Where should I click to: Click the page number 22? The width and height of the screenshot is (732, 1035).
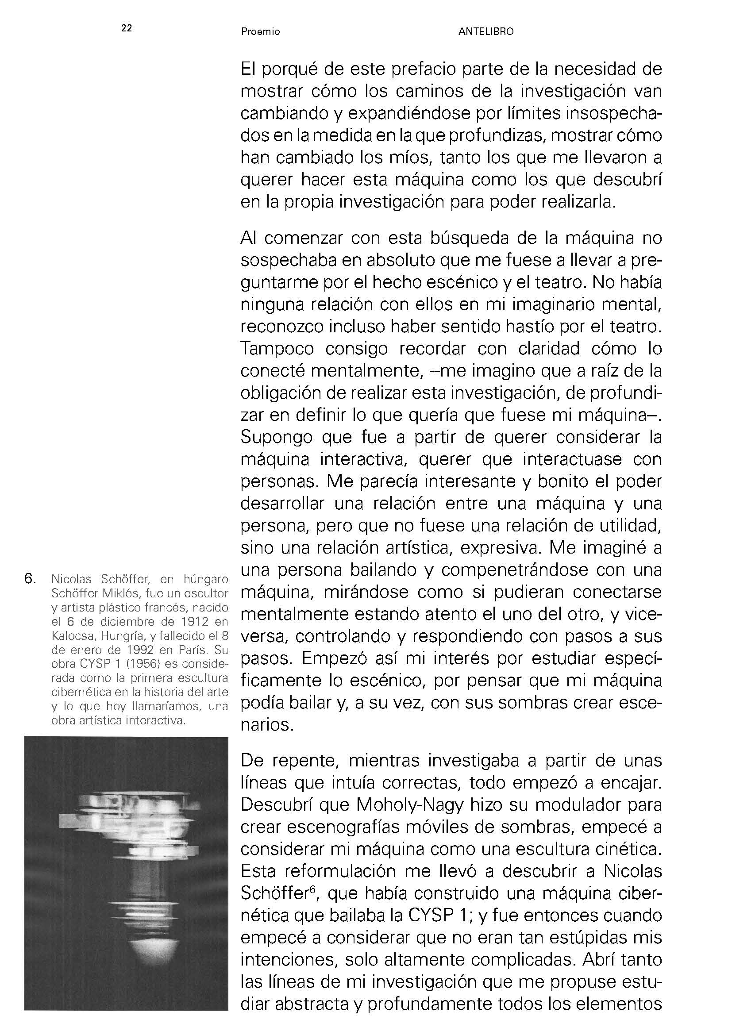coord(126,28)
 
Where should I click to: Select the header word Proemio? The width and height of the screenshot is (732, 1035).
coord(260,32)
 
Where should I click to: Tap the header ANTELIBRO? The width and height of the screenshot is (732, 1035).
coord(485,32)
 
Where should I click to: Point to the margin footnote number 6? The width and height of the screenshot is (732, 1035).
coord(30,579)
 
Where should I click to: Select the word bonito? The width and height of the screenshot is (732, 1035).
coord(562,481)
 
